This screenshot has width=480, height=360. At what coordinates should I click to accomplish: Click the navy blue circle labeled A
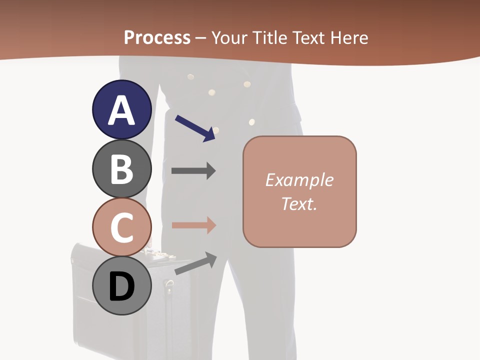coord(122,109)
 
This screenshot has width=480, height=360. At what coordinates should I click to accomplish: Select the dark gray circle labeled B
coord(122,168)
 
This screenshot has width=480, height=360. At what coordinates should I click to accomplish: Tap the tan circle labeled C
coord(122,227)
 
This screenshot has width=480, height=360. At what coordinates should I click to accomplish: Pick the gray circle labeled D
coord(122,286)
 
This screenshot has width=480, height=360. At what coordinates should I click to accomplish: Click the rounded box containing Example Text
coord(299,191)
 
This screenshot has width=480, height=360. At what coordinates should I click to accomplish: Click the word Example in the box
coord(299,180)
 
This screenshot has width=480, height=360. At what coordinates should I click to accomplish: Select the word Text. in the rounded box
coord(299,203)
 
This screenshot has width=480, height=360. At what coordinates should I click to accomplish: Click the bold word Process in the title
coord(157,37)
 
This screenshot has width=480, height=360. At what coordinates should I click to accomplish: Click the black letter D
coord(122,287)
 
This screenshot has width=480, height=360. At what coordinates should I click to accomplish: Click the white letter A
coord(122,110)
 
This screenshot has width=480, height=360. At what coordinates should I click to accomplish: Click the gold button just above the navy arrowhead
coord(216,130)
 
